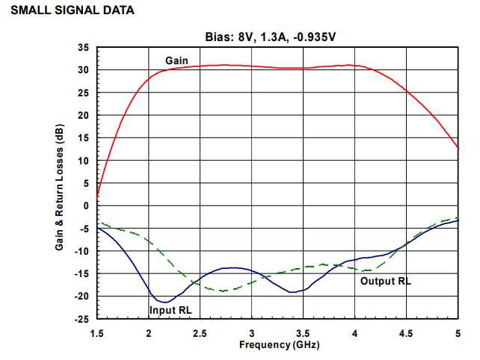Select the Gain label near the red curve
click(x=177, y=60)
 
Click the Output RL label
click(x=386, y=281)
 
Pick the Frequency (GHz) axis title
click(x=277, y=344)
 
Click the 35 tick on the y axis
click(x=84, y=48)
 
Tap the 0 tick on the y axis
click(x=87, y=205)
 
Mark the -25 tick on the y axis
click(x=82, y=319)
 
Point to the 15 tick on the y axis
click(x=84, y=138)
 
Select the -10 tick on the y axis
click(x=82, y=251)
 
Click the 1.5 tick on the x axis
click(x=96, y=332)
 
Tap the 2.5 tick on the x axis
click(x=200, y=332)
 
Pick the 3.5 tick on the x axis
click(x=303, y=332)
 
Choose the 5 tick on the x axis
click(x=458, y=332)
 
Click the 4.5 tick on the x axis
click(x=406, y=332)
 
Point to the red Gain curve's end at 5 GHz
click(x=458, y=148)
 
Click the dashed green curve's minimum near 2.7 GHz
click(x=222, y=291)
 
